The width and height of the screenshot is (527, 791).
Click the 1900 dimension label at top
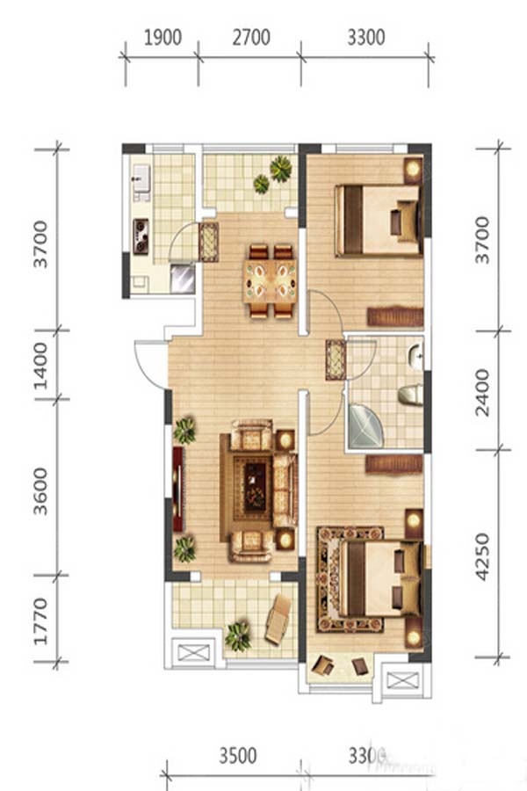coord(162,38)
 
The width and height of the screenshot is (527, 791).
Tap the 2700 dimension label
coord(250,38)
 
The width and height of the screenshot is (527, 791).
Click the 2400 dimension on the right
coord(482,393)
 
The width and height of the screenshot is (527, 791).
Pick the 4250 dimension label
coord(482,557)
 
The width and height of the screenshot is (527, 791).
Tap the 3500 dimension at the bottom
coord(237,756)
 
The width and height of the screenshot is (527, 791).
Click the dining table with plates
coord(270,281)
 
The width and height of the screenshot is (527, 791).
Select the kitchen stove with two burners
coord(141,236)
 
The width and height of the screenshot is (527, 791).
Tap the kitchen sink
coord(141,179)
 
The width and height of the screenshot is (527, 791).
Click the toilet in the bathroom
coord(411,395)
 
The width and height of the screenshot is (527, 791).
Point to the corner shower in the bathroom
coord(365,426)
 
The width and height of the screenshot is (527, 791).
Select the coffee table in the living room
coord(255,487)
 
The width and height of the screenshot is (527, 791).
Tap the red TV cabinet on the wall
coord(178,489)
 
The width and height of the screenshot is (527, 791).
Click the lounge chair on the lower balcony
coord(278,620)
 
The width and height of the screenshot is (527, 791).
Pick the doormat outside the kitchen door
coord(209,243)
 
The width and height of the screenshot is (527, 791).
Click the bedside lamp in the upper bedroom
coord(413,169)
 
